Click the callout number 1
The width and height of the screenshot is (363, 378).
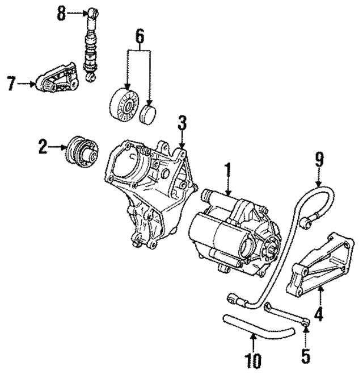tap(227, 169)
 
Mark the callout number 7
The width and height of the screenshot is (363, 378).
tap(11, 84)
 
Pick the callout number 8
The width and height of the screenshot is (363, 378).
tap(62, 13)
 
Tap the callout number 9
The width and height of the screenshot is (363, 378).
tap(319, 159)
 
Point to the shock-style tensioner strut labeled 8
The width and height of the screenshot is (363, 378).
tap(90, 45)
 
